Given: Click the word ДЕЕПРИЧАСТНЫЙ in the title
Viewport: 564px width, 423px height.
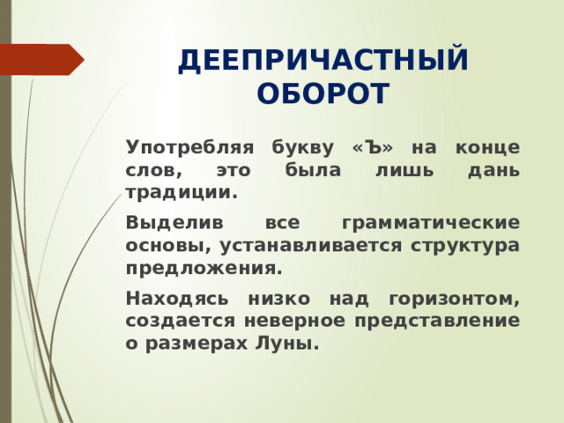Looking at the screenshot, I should click(x=323, y=61).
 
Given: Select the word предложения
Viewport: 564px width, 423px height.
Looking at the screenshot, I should click(x=204, y=266).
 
